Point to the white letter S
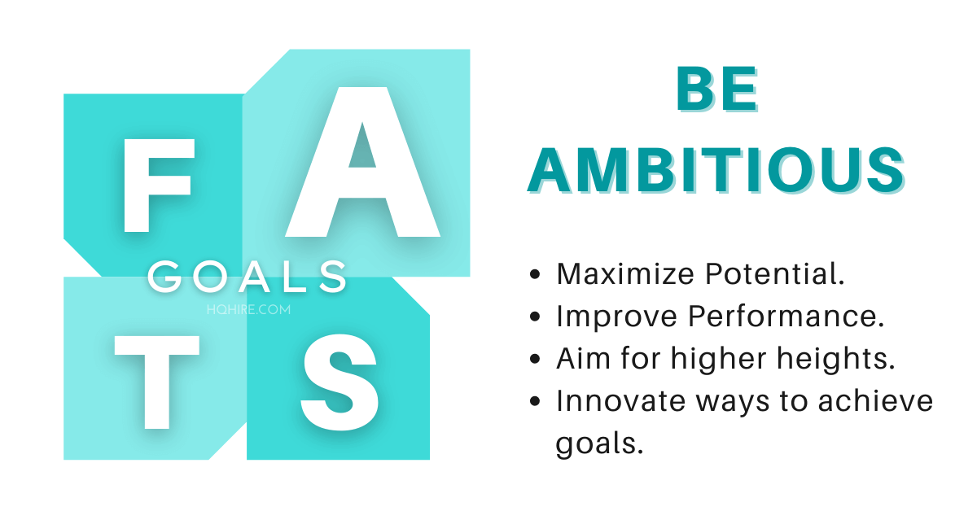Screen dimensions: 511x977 pyautogui.click(x=340, y=381)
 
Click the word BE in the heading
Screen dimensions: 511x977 pyautogui.click(x=716, y=90)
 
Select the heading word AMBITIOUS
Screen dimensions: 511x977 pyautogui.click(x=716, y=168)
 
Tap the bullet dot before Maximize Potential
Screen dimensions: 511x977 pyautogui.click(x=535, y=275)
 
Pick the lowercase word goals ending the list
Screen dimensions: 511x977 pyautogui.click(x=594, y=444)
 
